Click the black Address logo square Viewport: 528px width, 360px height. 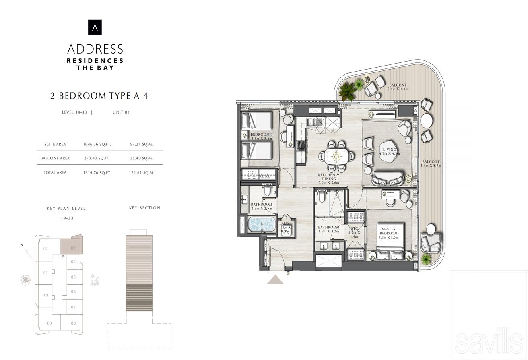pos(95,27)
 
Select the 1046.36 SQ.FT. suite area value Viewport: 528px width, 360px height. pos(97,144)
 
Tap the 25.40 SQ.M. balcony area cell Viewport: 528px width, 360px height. pos(141,158)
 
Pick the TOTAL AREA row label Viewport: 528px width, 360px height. pos(56,172)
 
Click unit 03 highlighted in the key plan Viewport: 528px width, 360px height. pos(72,246)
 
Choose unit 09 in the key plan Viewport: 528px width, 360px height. pos(49,323)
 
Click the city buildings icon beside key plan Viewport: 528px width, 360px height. pos(95,279)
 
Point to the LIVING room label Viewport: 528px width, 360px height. pos(389,151)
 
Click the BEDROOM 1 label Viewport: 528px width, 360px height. pos(261,136)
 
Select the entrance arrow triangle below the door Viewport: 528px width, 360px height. pos(275,279)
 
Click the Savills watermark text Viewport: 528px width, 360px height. pos(489,341)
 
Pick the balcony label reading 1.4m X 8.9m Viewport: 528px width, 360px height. pos(431,163)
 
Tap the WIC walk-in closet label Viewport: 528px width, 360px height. pos(354,232)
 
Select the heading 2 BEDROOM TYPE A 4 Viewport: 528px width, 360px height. pos(99,96)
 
